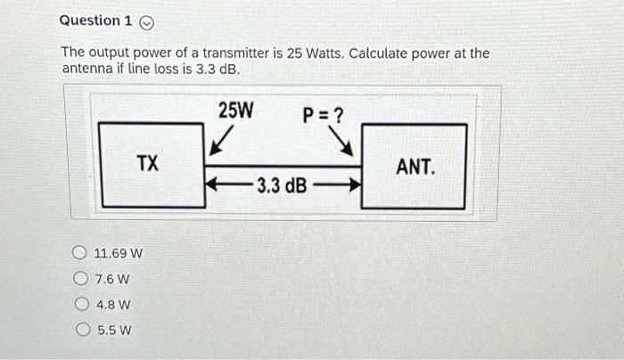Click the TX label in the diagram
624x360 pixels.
(x=148, y=164)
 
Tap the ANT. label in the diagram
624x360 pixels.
(x=415, y=166)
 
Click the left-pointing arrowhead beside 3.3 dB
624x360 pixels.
(x=212, y=185)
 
